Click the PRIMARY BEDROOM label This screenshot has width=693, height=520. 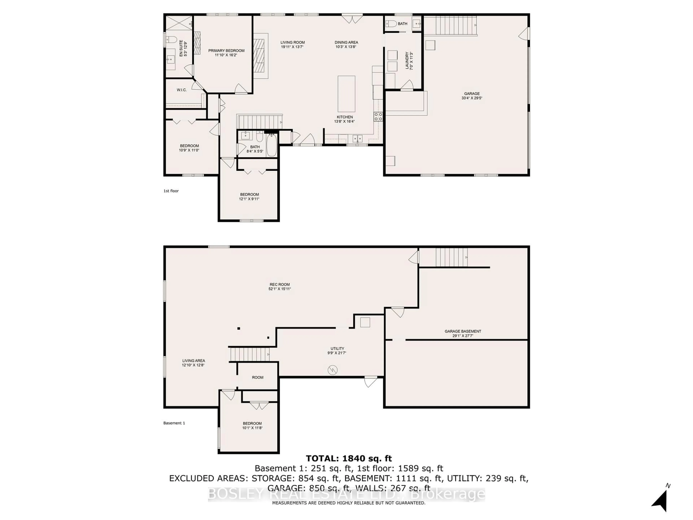(x=226, y=53)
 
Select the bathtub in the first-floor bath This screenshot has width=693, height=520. (x=271, y=145)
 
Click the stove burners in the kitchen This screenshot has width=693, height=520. (x=378, y=117)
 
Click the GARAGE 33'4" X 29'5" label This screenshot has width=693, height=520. (x=472, y=96)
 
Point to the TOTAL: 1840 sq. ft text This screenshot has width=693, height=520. (x=349, y=458)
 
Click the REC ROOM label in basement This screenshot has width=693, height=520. (x=279, y=287)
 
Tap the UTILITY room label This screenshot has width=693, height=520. (x=337, y=350)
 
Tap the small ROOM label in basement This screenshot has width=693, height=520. (x=258, y=377)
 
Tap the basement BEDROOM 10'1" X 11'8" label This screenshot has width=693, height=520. (x=252, y=425)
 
